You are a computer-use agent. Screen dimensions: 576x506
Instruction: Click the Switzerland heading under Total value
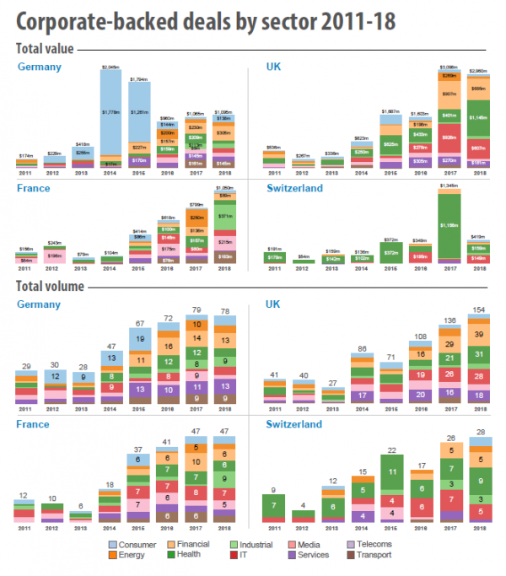pos(294,189)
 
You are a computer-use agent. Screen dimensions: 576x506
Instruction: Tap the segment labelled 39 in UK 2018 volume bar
pos(476,335)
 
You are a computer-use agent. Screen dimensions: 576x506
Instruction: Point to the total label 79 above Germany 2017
pos(195,310)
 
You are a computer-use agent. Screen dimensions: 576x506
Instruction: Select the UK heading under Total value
pos(274,66)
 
